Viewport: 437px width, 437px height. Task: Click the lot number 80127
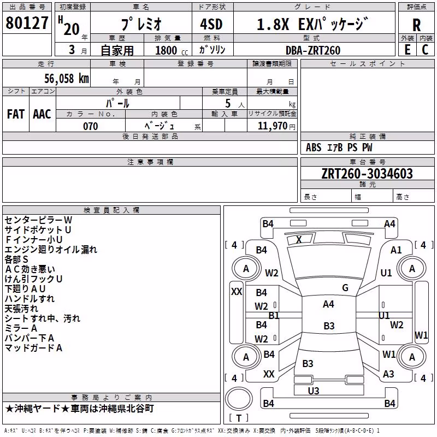point(27,23)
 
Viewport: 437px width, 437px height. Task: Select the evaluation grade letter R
point(416,25)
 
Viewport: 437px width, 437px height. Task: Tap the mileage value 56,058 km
point(67,79)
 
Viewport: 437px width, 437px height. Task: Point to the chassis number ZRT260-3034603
point(367,174)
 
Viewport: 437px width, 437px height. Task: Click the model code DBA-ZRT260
point(313,50)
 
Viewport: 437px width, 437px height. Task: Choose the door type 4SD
point(211,24)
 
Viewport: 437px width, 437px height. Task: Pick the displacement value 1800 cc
point(172,50)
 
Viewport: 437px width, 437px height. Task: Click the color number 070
point(91,126)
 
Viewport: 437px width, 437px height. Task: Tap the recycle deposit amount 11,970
point(273,126)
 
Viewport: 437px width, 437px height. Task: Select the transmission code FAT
point(16,114)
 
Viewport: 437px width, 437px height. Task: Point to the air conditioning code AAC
point(42,114)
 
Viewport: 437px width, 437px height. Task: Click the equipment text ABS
point(314,147)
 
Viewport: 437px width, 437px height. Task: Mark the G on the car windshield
point(345,288)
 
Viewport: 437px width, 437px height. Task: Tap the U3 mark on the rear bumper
point(314,391)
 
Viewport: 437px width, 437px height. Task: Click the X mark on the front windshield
point(299,239)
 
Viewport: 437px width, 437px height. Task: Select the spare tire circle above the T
point(239,398)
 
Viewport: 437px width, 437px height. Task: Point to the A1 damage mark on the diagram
point(396,250)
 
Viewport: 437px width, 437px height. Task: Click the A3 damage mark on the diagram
point(388,374)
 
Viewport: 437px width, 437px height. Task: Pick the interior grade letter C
point(425,50)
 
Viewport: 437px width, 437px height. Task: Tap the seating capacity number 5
point(228,103)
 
